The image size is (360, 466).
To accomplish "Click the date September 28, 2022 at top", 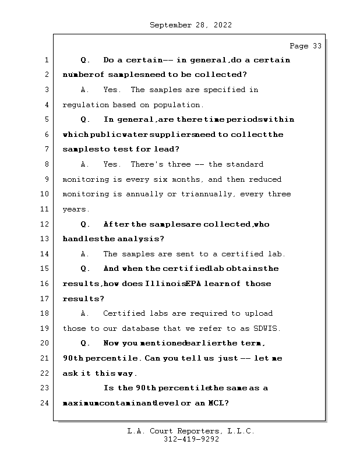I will [x=191, y=25].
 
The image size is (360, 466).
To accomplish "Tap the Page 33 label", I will [x=305, y=46].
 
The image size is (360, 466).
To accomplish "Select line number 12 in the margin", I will [x=46, y=224].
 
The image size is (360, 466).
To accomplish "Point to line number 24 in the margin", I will [x=46, y=403].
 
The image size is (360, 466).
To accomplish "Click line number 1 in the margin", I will [x=46, y=60].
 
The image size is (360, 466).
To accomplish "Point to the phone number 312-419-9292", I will [x=191, y=440].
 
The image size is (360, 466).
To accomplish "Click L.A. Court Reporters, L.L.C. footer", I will [x=191, y=431].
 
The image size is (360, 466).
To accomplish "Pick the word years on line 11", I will [x=75, y=209].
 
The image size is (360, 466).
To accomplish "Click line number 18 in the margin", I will [x=46, y=313].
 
